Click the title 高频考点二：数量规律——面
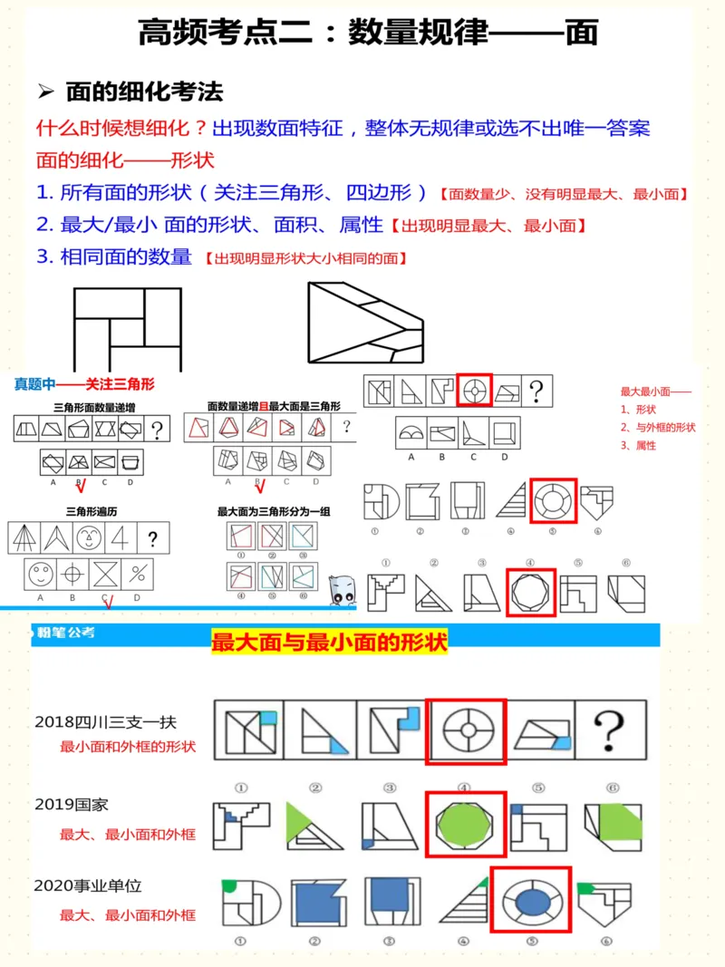pos(368,33)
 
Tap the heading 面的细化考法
pos(144,92)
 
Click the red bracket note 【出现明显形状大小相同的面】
pos(304,258)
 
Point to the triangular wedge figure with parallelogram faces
pos(364,324)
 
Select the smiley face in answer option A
pos(42,575)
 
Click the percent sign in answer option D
pos(137,575)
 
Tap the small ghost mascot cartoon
pos(343,590)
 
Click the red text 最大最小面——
pos(655,392)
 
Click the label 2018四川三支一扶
pos(105,722)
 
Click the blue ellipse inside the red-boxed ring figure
pos(531,901)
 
